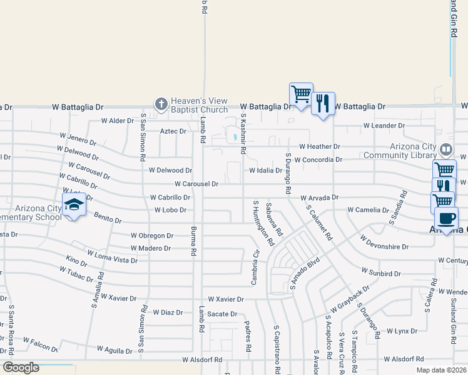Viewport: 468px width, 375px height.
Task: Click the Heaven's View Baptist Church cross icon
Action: pyautogui.click(x=161, y=104)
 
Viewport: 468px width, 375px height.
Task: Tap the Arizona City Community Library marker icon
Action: pyautogui.click(x=446, y=149)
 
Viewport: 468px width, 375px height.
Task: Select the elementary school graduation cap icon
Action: pyautogui.click(x=74, y=204)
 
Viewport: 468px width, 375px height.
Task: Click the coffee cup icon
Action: pyautogui.click(x=445, y=218)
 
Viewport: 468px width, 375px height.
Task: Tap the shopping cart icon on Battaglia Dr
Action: pyautogui.click(x=301, y=94)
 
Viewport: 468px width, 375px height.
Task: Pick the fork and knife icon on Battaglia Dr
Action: pyautogui.click(x=323, y=103)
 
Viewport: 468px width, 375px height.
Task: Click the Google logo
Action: pyautogui.click(x=20, y=367)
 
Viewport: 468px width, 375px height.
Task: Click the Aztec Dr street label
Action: pyautogui.click(x=173, y=131)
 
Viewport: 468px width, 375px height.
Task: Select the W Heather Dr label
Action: pyautogui.click(x=319, y=147)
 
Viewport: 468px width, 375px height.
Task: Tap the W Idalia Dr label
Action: pyautogui.click(x=265, y=170)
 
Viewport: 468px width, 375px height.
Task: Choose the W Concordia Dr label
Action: pyautogui.click(x=318, y=159)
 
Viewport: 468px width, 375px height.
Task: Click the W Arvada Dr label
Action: pyautogui.click(x=319, y=197)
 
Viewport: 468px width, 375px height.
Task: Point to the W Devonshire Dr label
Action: pyautogui.click(x=384, y=242)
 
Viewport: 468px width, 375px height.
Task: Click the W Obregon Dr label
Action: pyautogui.click(x=151, y=236)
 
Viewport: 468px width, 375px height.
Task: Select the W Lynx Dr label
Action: pyautogui.click(x=402, y=331)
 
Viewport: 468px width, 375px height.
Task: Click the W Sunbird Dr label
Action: pyautogui.click(x=380, y=273)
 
